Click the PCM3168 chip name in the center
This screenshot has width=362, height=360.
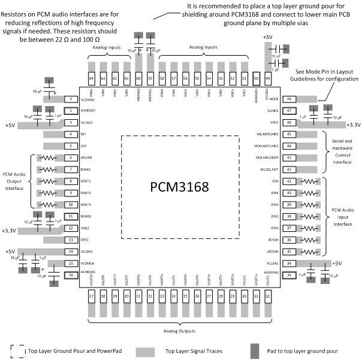pyautogui.click(x=180, y=187)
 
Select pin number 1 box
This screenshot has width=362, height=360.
pyautogui.click(x=71, y=99)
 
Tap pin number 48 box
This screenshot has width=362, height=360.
pyautogui.click(x=289, y=99)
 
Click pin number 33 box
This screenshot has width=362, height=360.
pyautogui.click(x=289, y=274)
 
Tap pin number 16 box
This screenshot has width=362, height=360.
pyautogui.click(x=71, y=274)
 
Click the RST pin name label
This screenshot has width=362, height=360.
pyautogui.click(x=84, y=134)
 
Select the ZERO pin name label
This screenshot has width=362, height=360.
pyautogui.click(x=85, y=240)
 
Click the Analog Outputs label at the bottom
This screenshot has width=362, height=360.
pyautogui.click(x=180, y=329)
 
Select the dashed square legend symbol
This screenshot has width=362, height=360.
pyautogui.click(x=17, y=348)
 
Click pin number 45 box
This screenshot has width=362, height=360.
pyautogui.click(x=289, y=134)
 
